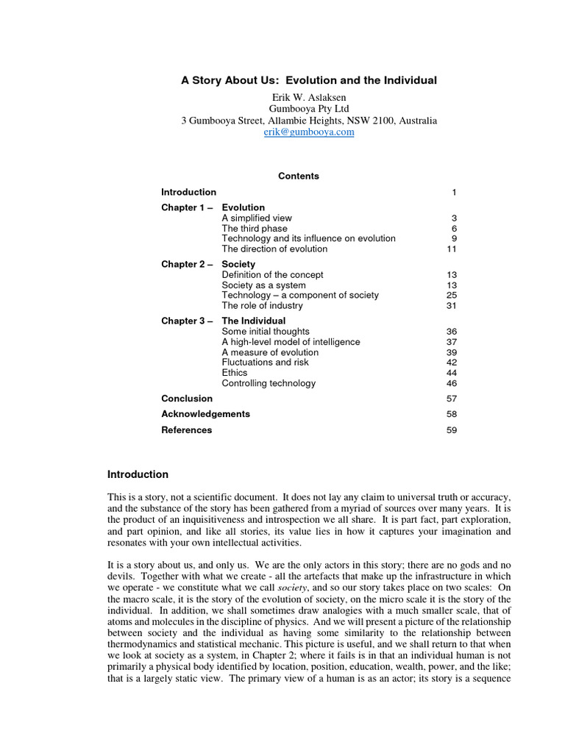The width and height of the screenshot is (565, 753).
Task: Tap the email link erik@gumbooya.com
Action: pyautogui.click(x=309, y=132)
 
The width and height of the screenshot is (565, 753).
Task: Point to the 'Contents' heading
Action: pyautogui.click(x=298, y=176)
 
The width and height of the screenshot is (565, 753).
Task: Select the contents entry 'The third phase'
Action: pyautogui.click(x=254, y=228)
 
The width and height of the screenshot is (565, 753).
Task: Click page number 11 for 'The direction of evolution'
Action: pyautogui.click(x=452, y=249)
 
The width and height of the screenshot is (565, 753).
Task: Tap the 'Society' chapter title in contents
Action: pyautogui.click(x=239, y=264)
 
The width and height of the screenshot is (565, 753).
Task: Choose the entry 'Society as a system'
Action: pyautogui.click(x=263, y=285)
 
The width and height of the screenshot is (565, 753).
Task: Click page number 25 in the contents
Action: pyautogui.click(x=452, y=295)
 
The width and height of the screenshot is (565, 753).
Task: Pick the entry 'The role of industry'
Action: pyautogui.click(x=263, y=305)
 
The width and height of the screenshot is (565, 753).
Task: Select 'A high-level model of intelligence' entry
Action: pyautogui.click(x=291, y=342)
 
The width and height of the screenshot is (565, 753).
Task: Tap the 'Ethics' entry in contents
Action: pyautogui.click(x=235, y=373)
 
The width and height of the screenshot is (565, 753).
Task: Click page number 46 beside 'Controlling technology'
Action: pyautogui.click(x=452, y=383)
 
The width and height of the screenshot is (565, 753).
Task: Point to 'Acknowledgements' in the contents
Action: pyautogui.click(x=205, y=414)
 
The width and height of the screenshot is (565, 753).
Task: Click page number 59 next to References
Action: pyautogui.click(x=452, y=430)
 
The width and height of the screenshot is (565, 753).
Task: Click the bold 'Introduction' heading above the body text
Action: pyautogui.click(x=138, y=474)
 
